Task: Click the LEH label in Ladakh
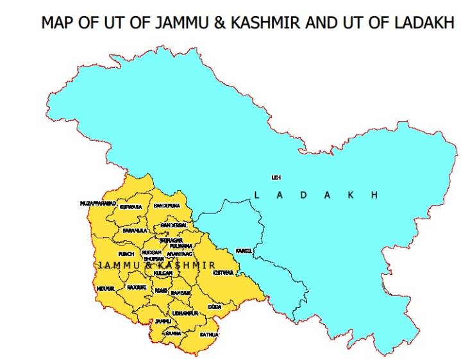(276, 177)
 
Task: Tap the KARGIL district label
(244, 250)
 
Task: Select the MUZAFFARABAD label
(98, 203)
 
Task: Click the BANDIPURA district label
(167, 206)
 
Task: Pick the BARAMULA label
(135, 230)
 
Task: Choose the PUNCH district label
(126, 254)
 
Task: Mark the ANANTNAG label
(179, 254)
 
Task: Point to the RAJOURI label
(137, 288)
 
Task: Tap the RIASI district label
(161, 291)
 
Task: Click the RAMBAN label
(181, 293)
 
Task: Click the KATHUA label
(209, 335)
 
